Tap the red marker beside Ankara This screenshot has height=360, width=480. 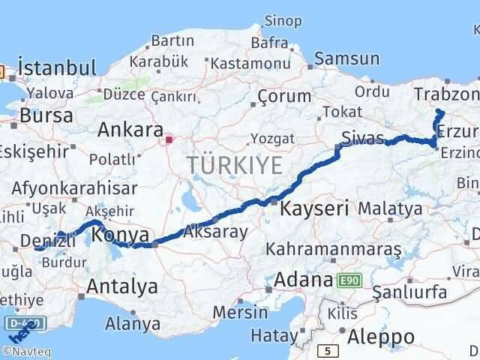[x=170, y=139]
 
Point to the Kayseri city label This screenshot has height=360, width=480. [x=314, y=208]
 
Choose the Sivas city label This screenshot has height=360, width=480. [x=361, y=138]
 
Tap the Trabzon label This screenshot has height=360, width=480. [x=446, y=94]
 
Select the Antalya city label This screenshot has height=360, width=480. [x=122, y=286]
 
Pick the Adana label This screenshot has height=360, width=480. [x=303, y=280]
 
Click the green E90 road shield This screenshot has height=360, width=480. [x=346, y=280]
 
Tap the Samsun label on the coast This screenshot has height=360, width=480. [x=346, y=58]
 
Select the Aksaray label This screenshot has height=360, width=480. [x=215, y=232]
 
